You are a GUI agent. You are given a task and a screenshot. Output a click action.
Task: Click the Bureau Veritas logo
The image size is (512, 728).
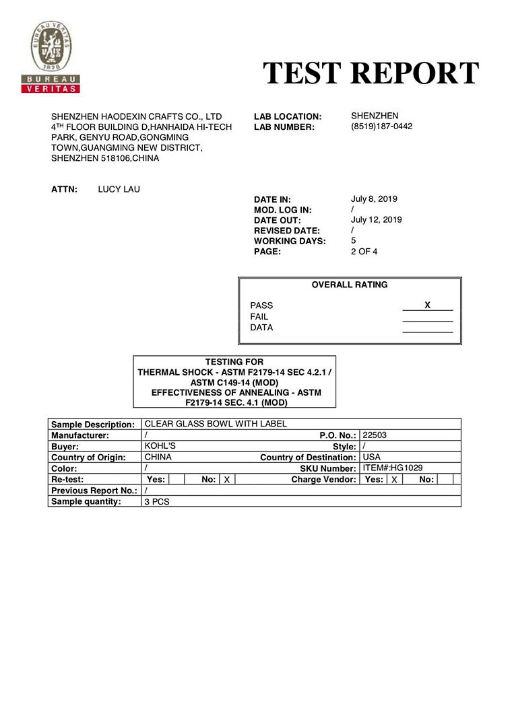tap(51, 57)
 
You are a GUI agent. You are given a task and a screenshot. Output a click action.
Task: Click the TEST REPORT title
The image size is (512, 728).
tap(371, 73)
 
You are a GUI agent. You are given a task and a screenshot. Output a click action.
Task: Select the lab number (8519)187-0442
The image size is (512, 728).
tap(381, 126)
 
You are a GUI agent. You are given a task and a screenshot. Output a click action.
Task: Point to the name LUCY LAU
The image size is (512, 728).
tap(119, 189)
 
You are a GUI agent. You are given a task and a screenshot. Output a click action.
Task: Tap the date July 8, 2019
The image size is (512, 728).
tap(374, 199)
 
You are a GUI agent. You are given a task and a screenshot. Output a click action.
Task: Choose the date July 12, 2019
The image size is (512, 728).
tap(377, 220)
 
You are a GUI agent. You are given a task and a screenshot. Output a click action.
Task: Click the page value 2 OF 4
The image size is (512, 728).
tap(364, 252)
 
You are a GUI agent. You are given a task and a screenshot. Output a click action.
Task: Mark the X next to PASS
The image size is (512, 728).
tap(427, 305)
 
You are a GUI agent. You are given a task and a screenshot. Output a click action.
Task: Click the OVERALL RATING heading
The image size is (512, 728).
tap(349, 285)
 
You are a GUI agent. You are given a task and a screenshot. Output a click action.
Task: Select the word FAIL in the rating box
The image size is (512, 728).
tap(259, 317)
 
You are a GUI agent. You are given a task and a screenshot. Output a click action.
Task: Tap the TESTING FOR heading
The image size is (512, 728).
tap(234, 362)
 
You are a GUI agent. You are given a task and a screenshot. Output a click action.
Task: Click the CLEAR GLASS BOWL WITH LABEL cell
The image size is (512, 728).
tap(216, 424)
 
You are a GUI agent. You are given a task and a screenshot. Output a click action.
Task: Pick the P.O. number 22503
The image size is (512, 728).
tap(374, 435)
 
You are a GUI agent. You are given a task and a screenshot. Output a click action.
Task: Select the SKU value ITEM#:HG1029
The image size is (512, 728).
tap(392, 468)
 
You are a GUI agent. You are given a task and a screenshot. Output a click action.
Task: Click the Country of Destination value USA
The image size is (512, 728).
tap(371, 457)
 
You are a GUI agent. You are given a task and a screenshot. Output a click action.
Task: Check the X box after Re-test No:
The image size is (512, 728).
tap(227, 480)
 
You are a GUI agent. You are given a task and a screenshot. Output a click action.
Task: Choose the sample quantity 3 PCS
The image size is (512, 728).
tap(157, 502)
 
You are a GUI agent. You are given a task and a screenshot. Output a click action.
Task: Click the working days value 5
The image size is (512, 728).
tap(354, 240)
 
